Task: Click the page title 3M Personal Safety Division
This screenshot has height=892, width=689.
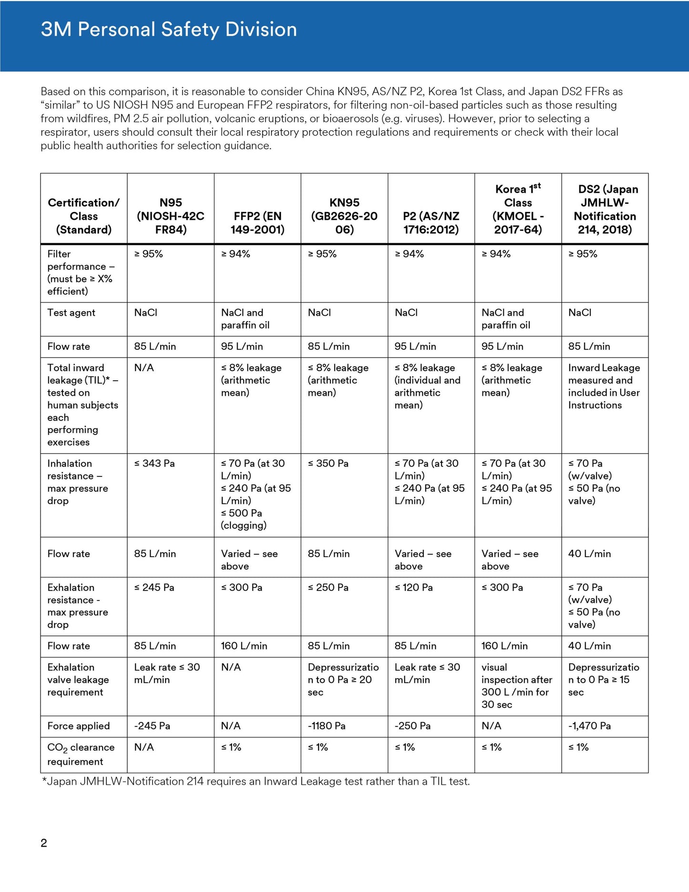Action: pos(169,30)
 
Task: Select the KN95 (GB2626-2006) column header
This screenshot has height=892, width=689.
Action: pos(344,216)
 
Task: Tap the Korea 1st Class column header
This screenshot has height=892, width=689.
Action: pos(518,209)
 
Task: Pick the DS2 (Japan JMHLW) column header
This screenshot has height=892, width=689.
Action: pos(605,209)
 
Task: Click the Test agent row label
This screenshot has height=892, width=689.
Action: pos(71,313)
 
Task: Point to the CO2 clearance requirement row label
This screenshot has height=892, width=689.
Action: pos(81,754)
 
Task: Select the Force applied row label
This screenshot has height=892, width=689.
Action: pos(78,726)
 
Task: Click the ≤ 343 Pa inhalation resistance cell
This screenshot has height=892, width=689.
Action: pos(154,464)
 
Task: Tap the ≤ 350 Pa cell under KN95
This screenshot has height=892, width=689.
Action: pos(328,464)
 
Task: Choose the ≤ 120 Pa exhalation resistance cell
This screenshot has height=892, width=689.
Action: pos(414,588)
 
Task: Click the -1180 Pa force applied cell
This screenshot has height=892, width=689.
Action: pos(327,726)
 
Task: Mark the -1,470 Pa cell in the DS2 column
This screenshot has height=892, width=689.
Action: pos(589,726)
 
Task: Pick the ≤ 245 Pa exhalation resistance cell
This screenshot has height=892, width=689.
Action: pos(154,588)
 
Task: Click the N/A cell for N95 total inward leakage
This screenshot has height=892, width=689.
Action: pos(144,368)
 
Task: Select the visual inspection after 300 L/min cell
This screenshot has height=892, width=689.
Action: pos(516,686)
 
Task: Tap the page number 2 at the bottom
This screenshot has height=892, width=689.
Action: pos(44,843)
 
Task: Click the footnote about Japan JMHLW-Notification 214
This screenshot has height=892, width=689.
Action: pos(256,781)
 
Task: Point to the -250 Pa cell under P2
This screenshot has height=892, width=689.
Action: pos(412,726)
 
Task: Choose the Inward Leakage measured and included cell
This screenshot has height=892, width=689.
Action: pos(604,386)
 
